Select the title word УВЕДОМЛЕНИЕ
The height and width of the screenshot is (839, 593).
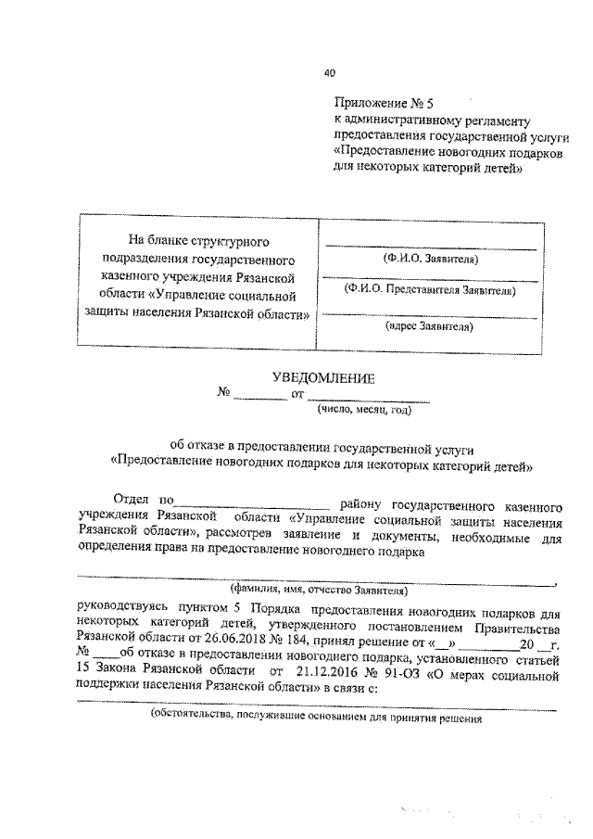pos(322,377)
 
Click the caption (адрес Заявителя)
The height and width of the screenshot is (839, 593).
pos(430,326)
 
